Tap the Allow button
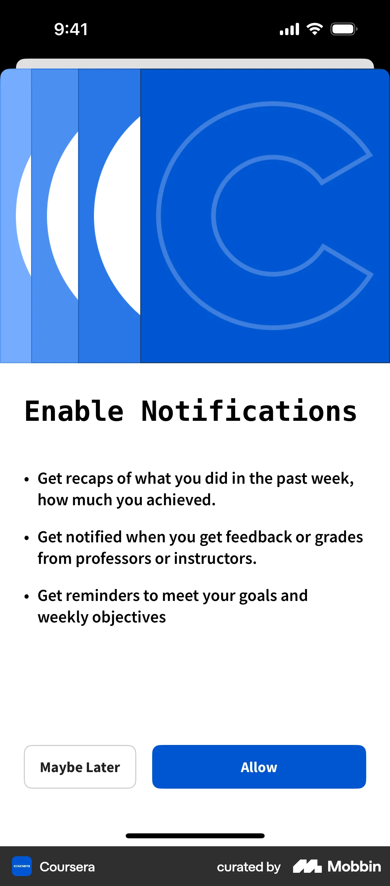pyautogui.click(x=259, y=767)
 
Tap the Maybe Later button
pyautogui.click(x=80, y=767)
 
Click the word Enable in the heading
pyautogui.click(x=74, y=411)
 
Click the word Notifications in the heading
pyautogui.click(x=249, y=411)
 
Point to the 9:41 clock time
pyautogui.click(x=71, y=29)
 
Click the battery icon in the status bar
pyautogui.click(x=343, y=29)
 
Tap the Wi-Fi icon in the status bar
pyautogui.click(x=314, y=29)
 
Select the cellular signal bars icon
pyautogui.click(x=289, y=29)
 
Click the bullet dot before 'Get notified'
pyautogui.click(x=27, y=538)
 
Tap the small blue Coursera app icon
pyautogui.click(x=22, y=866)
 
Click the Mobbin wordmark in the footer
pyautogui.click(x=354, y=866)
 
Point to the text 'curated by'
pyautogui.click(x=248, y=867)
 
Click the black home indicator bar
pyautogui.click(x=195, y=836)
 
